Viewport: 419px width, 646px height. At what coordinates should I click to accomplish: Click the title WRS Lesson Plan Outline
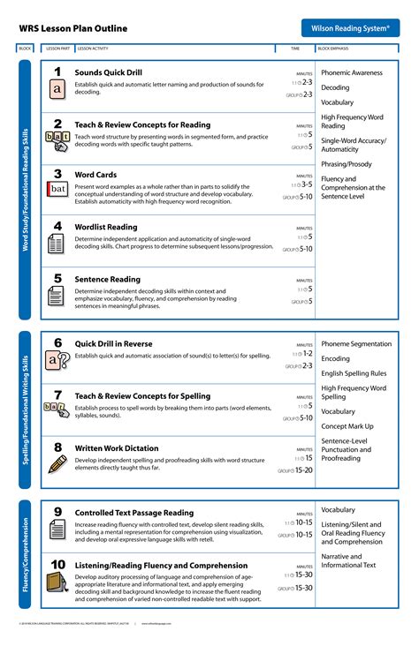(x=72, y=29)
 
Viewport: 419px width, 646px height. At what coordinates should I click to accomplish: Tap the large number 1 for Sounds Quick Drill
(x=57, y=71)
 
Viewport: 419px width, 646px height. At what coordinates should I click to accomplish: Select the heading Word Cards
(x=95, y=175)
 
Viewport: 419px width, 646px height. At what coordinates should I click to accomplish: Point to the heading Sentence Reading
(x=107, y=279)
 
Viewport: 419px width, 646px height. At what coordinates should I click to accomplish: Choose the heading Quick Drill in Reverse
(x=113, y=344)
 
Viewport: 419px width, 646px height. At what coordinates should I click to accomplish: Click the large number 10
(x=57, y=564)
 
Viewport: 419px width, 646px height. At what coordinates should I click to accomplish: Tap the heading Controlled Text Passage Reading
(x=133, y=513)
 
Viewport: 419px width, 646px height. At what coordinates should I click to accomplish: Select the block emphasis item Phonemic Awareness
(x=352, y=72)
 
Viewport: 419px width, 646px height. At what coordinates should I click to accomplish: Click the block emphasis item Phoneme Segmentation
(x=356, y=343)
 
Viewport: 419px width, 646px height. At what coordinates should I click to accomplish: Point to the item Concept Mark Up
(x=347, y=425)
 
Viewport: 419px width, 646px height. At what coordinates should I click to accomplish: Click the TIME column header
(x=295, y=49)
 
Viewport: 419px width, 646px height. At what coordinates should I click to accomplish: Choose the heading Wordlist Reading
(x=106, y=227)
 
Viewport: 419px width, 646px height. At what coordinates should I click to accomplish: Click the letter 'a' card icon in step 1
(x=57, y=89)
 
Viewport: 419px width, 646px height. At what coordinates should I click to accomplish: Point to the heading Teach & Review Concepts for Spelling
(x=142, y=396)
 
